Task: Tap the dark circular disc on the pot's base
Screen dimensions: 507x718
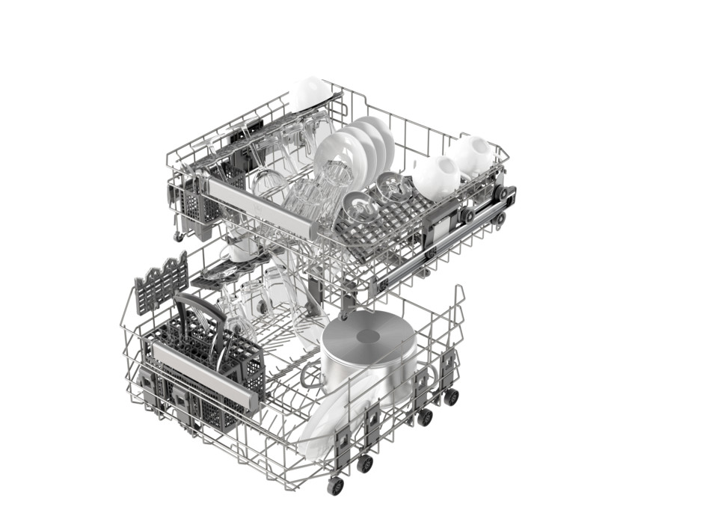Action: [x=369, y=336]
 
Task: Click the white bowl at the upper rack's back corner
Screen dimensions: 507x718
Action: [x=311, y=93]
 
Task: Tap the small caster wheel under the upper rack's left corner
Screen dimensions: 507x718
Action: [x=179, y=237]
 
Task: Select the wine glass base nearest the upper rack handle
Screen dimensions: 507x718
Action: [x=356, y=203]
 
